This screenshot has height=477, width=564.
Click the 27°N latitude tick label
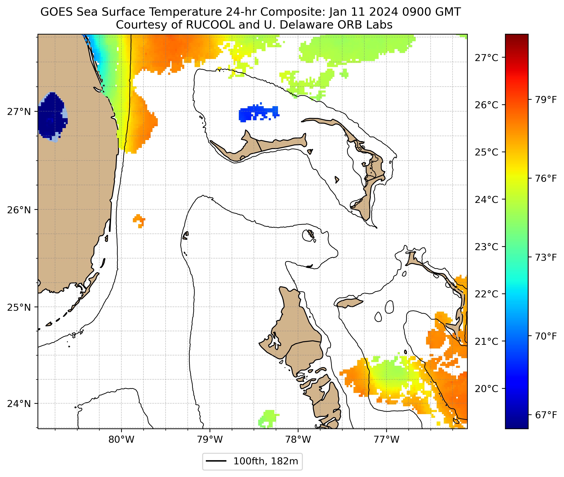pos(19,112)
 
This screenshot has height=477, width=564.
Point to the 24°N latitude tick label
pos(19,404)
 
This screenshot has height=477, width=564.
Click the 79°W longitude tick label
pos(210,440)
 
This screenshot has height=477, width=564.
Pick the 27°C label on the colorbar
pos(486,58)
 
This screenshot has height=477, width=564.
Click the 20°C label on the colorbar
pos(486,389)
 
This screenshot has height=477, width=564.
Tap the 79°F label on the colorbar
pos(546,100)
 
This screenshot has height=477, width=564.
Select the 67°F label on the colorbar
pos(546,415)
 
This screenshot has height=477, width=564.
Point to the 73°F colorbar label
pos(546,258)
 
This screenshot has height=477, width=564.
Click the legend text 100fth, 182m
pos(266,461)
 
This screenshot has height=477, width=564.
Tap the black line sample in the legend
pos(216,461)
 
